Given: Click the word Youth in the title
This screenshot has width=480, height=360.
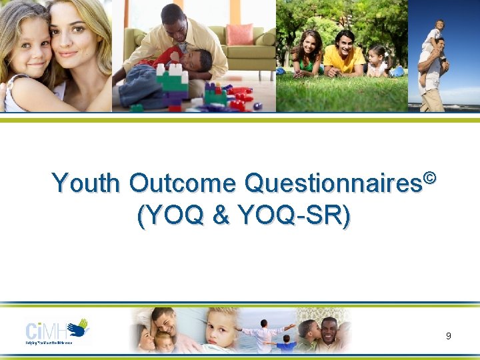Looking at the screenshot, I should point(87,183).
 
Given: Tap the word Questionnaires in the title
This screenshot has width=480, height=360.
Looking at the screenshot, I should point(333,183).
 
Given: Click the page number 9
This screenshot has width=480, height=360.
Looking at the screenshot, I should point(448,336).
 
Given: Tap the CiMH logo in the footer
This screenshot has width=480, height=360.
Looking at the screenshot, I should point(57,331).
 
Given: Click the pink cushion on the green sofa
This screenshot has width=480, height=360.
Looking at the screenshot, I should point(239,34).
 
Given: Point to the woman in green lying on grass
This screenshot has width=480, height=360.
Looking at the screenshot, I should point(307,54).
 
